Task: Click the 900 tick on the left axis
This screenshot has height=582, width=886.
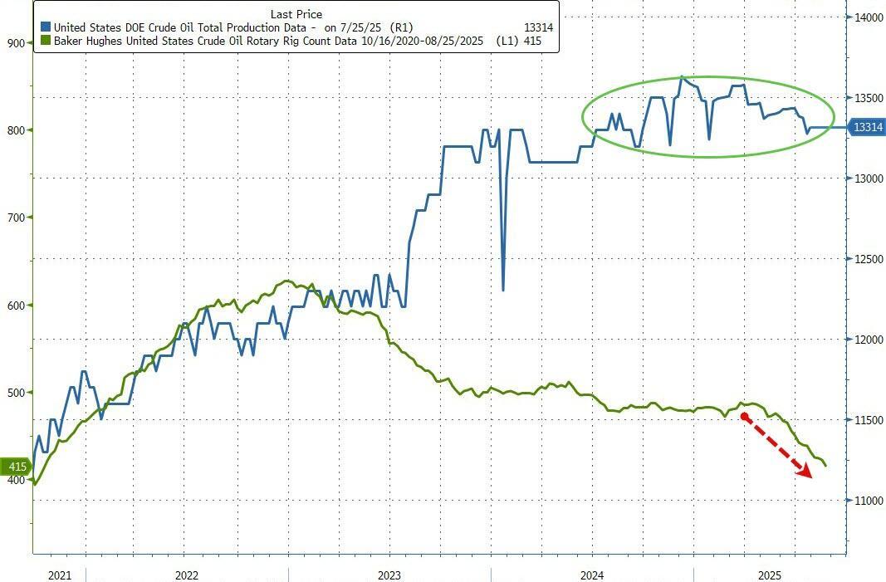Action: (x=16, y=42)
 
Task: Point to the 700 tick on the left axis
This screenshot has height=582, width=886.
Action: (x=16, y=218)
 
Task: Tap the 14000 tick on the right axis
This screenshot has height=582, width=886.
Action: (x=867, y=17)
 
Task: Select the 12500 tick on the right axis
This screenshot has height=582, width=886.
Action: (x=867, y=259)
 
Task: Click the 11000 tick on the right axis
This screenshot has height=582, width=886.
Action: (x=867, y=501)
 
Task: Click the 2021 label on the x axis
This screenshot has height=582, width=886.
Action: (x=60, y=575)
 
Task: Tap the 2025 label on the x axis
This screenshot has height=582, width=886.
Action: (x=770, y=575)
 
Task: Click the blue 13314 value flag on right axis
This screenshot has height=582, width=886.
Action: (x=867, y=127)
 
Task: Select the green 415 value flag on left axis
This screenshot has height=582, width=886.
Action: (x=16, y=467)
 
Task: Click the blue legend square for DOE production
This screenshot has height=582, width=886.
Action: (x=44, y=27)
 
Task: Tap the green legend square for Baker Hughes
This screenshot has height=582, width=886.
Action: (x=44, y=40)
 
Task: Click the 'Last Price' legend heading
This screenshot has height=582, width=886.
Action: (x=296, y=14)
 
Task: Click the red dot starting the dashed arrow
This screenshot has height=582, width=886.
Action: (x=743, y=417)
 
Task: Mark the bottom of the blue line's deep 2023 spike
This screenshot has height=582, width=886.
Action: (x=503, y=290)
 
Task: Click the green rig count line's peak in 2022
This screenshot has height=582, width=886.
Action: (x=286, y=281)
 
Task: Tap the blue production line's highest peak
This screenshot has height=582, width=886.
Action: (x=682, y=76)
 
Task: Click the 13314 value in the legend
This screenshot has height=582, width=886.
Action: (x=536, y=27)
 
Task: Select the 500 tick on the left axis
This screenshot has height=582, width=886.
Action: (x=16, y=392)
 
